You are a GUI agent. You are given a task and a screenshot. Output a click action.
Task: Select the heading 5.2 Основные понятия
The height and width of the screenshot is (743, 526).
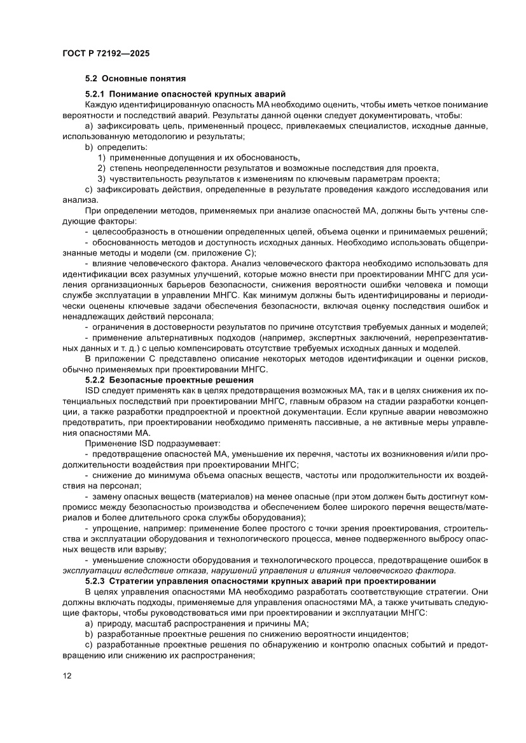135,79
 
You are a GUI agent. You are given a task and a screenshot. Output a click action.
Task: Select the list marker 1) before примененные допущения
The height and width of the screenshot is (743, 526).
101,157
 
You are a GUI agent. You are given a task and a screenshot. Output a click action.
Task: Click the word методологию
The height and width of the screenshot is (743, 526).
165,136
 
